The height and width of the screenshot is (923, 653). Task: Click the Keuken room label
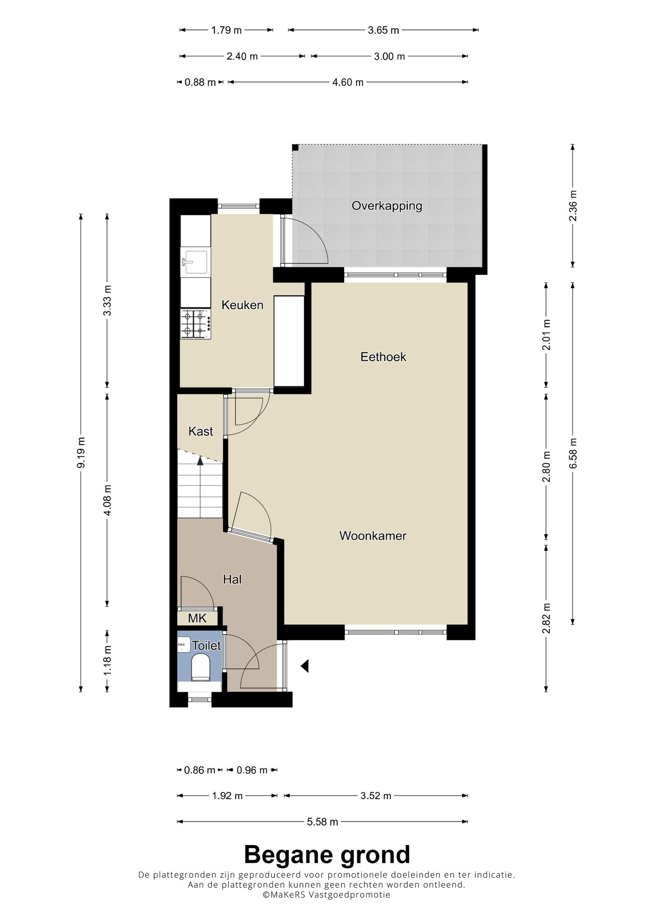pos(242,305)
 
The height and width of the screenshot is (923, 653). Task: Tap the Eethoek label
pos(383,357)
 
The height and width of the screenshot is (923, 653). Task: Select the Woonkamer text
pos(373,536)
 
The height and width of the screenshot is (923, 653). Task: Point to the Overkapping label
pos(387,206)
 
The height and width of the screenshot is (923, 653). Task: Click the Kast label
pos(200,431)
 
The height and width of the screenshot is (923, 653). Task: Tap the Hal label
pos(232,579)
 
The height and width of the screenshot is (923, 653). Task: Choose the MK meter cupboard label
pos(197,618)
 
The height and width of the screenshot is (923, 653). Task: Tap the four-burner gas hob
pos(196,324)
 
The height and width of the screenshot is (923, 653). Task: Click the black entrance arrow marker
pos(305,666)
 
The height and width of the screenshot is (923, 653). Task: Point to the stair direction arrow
pos(200,461)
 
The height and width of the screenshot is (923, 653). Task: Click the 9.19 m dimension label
pos(81,453)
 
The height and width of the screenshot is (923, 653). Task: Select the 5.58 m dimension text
pos(322,822)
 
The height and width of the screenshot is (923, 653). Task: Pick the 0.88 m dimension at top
pos(200,82)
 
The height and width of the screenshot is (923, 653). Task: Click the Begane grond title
pos(327,855)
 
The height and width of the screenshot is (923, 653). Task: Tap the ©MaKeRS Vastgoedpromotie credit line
pos(326,894)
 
